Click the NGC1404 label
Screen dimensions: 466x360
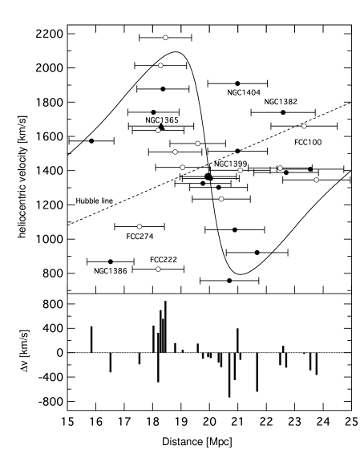[244, 93]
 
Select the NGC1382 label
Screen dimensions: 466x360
[281, 102]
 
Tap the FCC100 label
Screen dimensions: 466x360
[308, 142]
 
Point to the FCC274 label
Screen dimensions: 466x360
[140, 237]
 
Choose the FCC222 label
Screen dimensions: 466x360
[164, 260]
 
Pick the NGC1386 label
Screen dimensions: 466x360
[111, 271]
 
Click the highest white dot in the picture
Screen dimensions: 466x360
[165, 38]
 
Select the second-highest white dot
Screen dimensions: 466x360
[160, 66]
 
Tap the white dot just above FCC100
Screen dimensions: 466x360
[304, 126]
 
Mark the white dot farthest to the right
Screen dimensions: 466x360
[317, 180]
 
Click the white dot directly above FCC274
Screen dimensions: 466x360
[140, 227]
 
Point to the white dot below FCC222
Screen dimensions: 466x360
[158, 269]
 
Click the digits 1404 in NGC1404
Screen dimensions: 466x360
[251, 93]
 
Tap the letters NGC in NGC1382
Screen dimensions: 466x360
[273, 102]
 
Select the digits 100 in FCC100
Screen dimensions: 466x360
[314, 142]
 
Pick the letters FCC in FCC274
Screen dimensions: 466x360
[133, 237]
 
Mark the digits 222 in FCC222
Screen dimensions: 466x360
[170, 260]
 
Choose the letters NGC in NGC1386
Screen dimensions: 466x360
[102, 271]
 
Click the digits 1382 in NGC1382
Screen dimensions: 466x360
[289, 102]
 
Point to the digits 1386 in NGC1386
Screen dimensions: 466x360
[118, 271]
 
